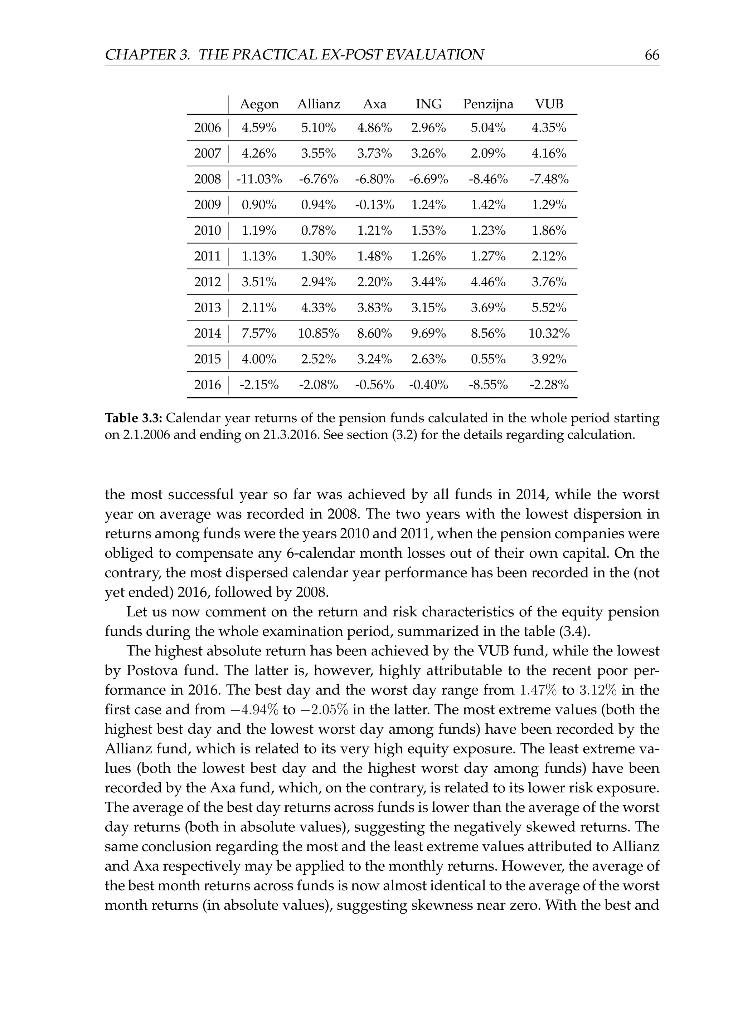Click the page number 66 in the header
point(652,55)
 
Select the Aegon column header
point(259,104)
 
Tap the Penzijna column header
point(488,104)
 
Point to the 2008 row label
point(207,180)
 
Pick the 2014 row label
point(207,333)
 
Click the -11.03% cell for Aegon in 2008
point(259,180)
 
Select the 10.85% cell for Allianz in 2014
point(318,333)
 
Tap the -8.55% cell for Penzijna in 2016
point(488,385)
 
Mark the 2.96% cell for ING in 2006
point(428,128)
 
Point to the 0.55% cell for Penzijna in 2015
point(488,359)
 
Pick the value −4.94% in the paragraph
point(253,710)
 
